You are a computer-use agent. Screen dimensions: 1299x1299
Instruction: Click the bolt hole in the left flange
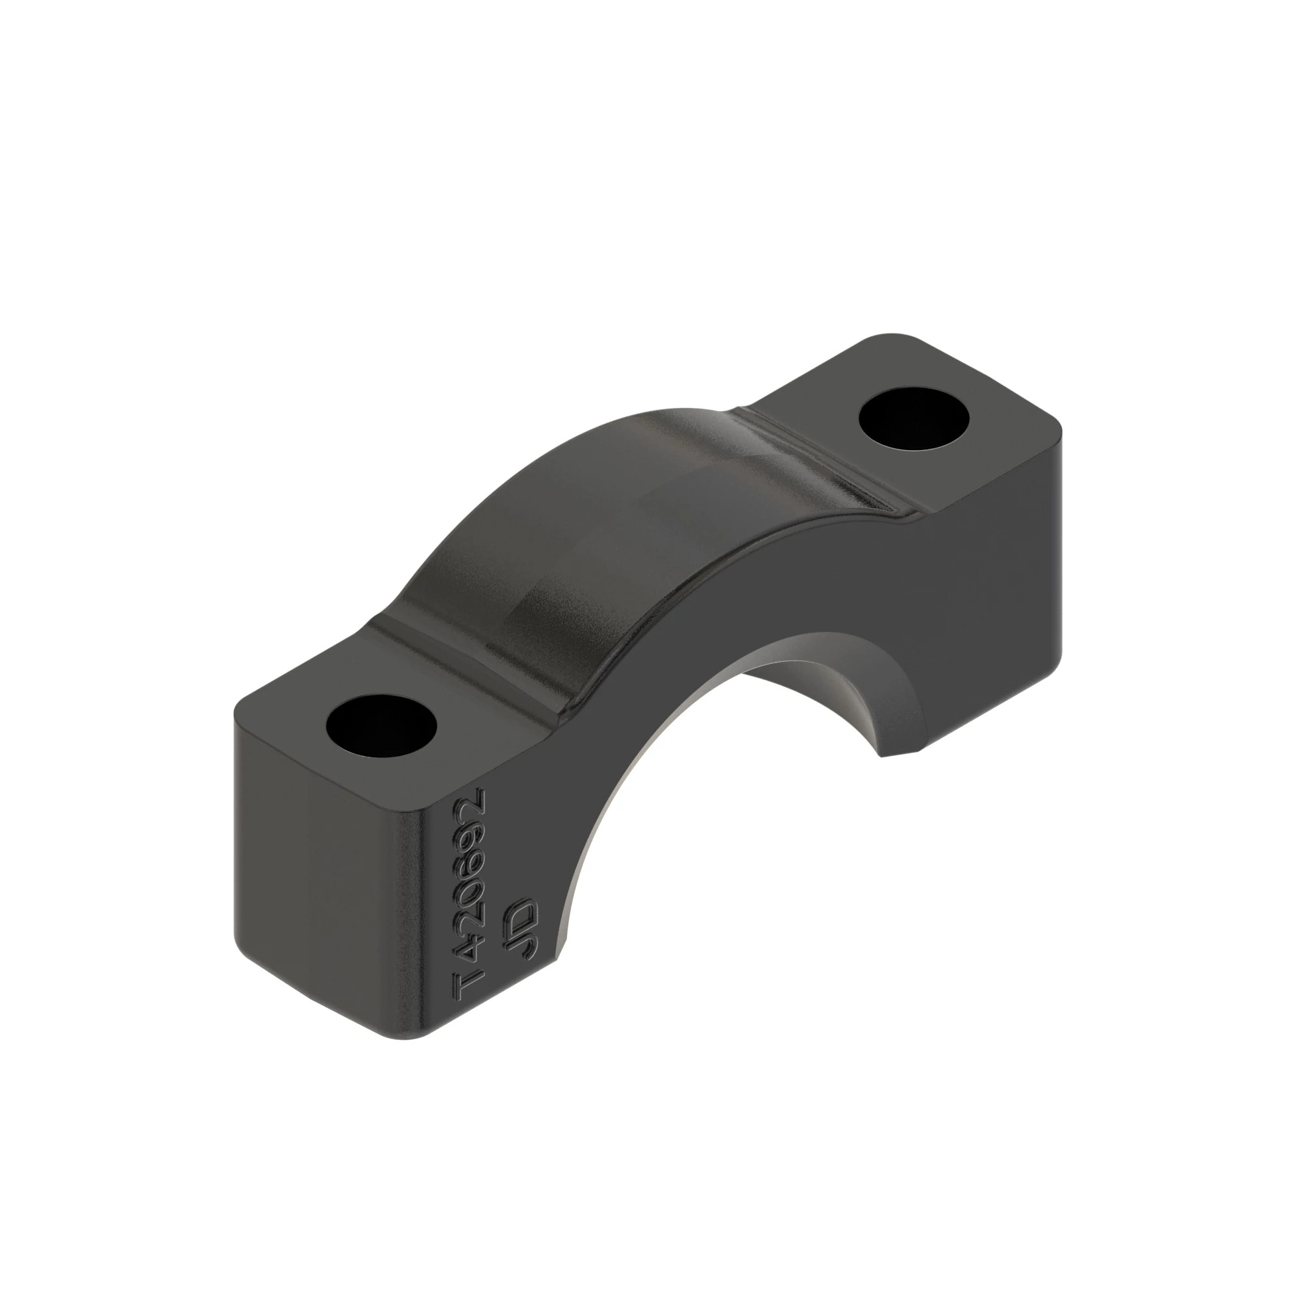[381, 727]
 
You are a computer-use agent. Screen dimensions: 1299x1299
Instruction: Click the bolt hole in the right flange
[915, 422]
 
